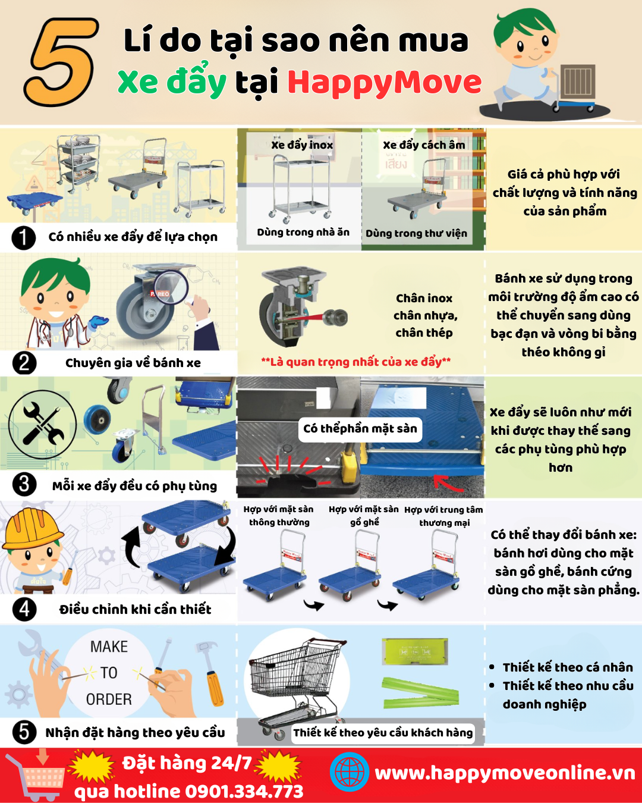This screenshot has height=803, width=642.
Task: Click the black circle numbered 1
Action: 24,237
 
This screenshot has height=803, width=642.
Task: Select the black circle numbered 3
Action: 24,484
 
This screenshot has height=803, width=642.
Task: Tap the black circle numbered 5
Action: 24,732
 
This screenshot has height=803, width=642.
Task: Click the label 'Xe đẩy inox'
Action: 302,145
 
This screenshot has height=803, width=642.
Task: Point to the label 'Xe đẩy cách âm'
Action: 424,145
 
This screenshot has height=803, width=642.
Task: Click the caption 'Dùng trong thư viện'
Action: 416,233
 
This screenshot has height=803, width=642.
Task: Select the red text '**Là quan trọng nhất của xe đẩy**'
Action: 355,362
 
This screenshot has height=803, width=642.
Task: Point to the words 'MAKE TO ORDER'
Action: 109,673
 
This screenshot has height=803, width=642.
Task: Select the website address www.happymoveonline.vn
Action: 505,773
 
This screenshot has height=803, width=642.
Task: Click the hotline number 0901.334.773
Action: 244,792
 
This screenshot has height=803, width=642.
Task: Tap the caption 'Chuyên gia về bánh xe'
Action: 133,363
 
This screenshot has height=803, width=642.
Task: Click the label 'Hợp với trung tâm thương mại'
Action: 443,516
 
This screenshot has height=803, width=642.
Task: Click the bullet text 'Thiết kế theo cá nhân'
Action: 568,667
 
